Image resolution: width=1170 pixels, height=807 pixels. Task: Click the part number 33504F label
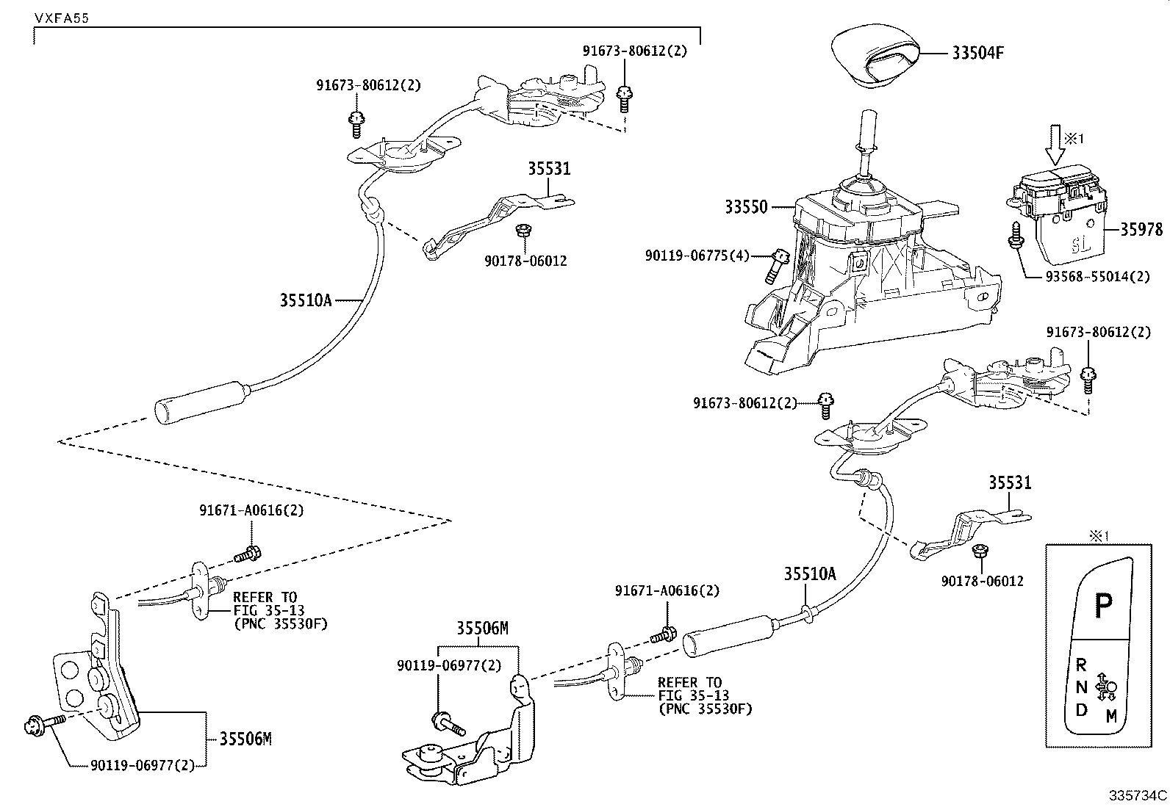[x=977, y=54]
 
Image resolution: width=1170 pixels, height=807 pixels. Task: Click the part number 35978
[x=1141, y=230]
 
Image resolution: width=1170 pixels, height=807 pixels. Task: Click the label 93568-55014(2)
[x=1098, y=276]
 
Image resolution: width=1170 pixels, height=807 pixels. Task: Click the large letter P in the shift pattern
[x=1103, y=606]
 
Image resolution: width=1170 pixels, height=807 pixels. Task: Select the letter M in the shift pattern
[x=1111, y=716]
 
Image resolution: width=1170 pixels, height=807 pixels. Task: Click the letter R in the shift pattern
[x=1081, y=665]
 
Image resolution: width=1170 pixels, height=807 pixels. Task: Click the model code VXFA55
[x=60, y=18]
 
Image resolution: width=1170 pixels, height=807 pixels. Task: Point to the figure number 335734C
[x=1138, y=795]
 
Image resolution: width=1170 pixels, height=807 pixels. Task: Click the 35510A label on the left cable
[x=306, y=300]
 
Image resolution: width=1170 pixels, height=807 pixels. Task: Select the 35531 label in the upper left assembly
[x=548, y=169]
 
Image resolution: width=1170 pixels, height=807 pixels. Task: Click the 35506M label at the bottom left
[x=245, y=739]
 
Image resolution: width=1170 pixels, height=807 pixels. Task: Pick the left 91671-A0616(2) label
[x=251, y=510]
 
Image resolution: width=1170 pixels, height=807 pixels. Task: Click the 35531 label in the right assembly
[x=1009, y=482]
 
